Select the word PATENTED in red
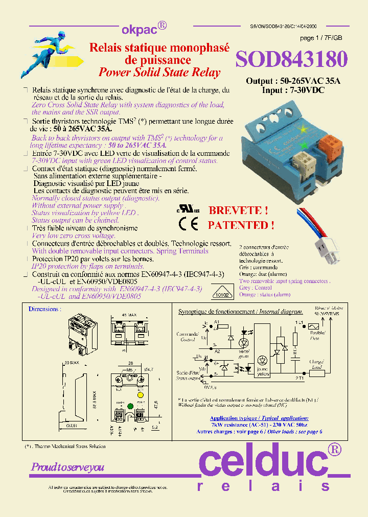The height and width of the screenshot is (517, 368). click(x=241, y=225)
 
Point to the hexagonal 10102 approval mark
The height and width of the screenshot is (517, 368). click(x=221, y=295)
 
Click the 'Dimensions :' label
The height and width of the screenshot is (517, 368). click(x=44, y=309)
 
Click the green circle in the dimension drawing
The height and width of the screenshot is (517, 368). click(x=130, y=407)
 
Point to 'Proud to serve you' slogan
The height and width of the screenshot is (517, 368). click(x=67, y=467)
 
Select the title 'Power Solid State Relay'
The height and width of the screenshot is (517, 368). click(x=159, y=72)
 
